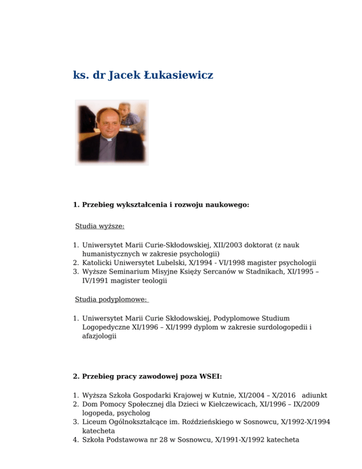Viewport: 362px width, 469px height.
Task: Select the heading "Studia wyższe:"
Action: pos(100,226)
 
